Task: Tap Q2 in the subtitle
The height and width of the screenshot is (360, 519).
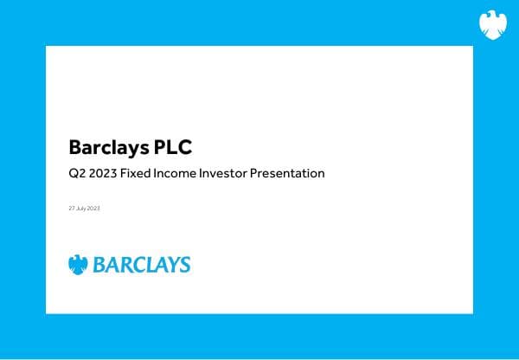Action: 76,174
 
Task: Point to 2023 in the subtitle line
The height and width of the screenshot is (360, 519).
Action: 103,174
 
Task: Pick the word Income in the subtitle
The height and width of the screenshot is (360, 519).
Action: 178,174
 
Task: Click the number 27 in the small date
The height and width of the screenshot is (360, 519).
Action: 71,209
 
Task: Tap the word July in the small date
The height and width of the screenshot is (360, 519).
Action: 80,209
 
